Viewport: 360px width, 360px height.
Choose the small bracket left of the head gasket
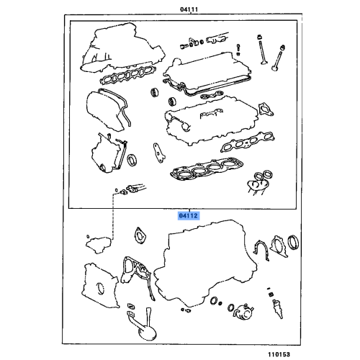pyautogui.click(x=155, y=151)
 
